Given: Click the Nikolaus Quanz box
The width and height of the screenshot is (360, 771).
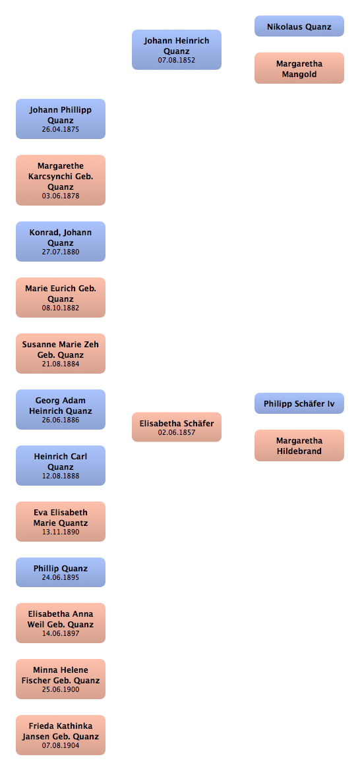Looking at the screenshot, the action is (299, 26).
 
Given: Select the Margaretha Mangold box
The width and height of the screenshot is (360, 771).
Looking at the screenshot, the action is (299, 68).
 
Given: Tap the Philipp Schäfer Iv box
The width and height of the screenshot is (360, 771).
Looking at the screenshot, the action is (299, 403).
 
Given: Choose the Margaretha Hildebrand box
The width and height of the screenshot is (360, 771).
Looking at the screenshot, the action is (299, 445).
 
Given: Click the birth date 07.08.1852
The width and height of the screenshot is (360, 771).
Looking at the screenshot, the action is (177, 61).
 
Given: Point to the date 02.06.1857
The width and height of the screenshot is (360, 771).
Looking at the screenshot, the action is (177, 433).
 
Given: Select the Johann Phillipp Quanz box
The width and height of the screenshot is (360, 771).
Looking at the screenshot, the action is (61, 119).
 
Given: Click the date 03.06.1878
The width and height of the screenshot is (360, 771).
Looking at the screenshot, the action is (61, 196).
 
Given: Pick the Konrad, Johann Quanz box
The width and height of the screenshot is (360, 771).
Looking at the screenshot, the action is (61, 241).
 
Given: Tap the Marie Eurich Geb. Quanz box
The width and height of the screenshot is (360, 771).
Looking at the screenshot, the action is (61, 297).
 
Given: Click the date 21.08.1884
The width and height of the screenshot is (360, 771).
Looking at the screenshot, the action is (61, 364).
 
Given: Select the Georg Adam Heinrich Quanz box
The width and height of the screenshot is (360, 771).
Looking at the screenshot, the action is (61, 410).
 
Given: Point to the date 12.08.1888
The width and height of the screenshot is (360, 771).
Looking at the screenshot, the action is (61, 476).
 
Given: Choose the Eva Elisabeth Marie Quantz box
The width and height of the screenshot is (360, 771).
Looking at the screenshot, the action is (61, 522).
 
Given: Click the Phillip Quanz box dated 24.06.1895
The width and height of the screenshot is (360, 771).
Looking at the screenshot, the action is (61, 573).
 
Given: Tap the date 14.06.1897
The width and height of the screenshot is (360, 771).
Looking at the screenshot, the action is (61, 633).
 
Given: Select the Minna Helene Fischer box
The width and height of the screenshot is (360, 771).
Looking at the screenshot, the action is (61, 679).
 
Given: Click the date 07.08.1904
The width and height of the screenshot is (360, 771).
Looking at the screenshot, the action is (61, 745).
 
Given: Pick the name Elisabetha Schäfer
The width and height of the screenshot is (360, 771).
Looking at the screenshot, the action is (177, 423).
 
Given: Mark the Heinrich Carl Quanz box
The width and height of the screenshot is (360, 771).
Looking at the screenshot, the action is (61, 466).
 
